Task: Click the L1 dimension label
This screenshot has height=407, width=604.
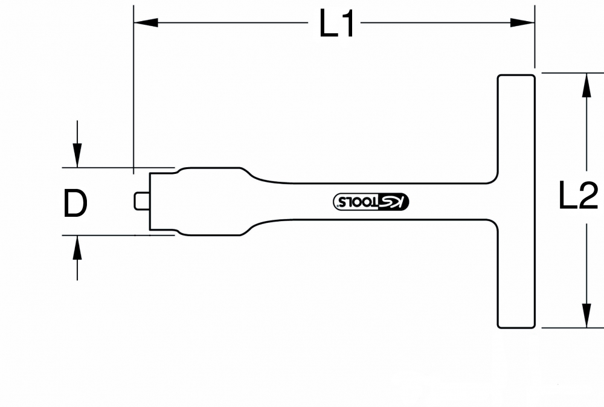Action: tap(336, 24)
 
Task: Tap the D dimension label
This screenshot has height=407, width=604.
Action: tap(75, 203)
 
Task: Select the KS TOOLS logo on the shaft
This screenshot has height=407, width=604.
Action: tap(371, 201)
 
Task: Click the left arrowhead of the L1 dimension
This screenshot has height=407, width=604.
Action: tap(146, 23)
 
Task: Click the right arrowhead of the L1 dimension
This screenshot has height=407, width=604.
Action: tap(522, 23)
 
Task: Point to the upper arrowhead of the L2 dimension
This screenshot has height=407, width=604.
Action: tap(586, 85)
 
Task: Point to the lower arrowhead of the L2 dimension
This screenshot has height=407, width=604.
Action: tap(586, 316)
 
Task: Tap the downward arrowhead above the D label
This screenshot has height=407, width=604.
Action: tap(77, 155)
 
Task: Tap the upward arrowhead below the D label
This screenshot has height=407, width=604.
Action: tap(77, 248)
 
